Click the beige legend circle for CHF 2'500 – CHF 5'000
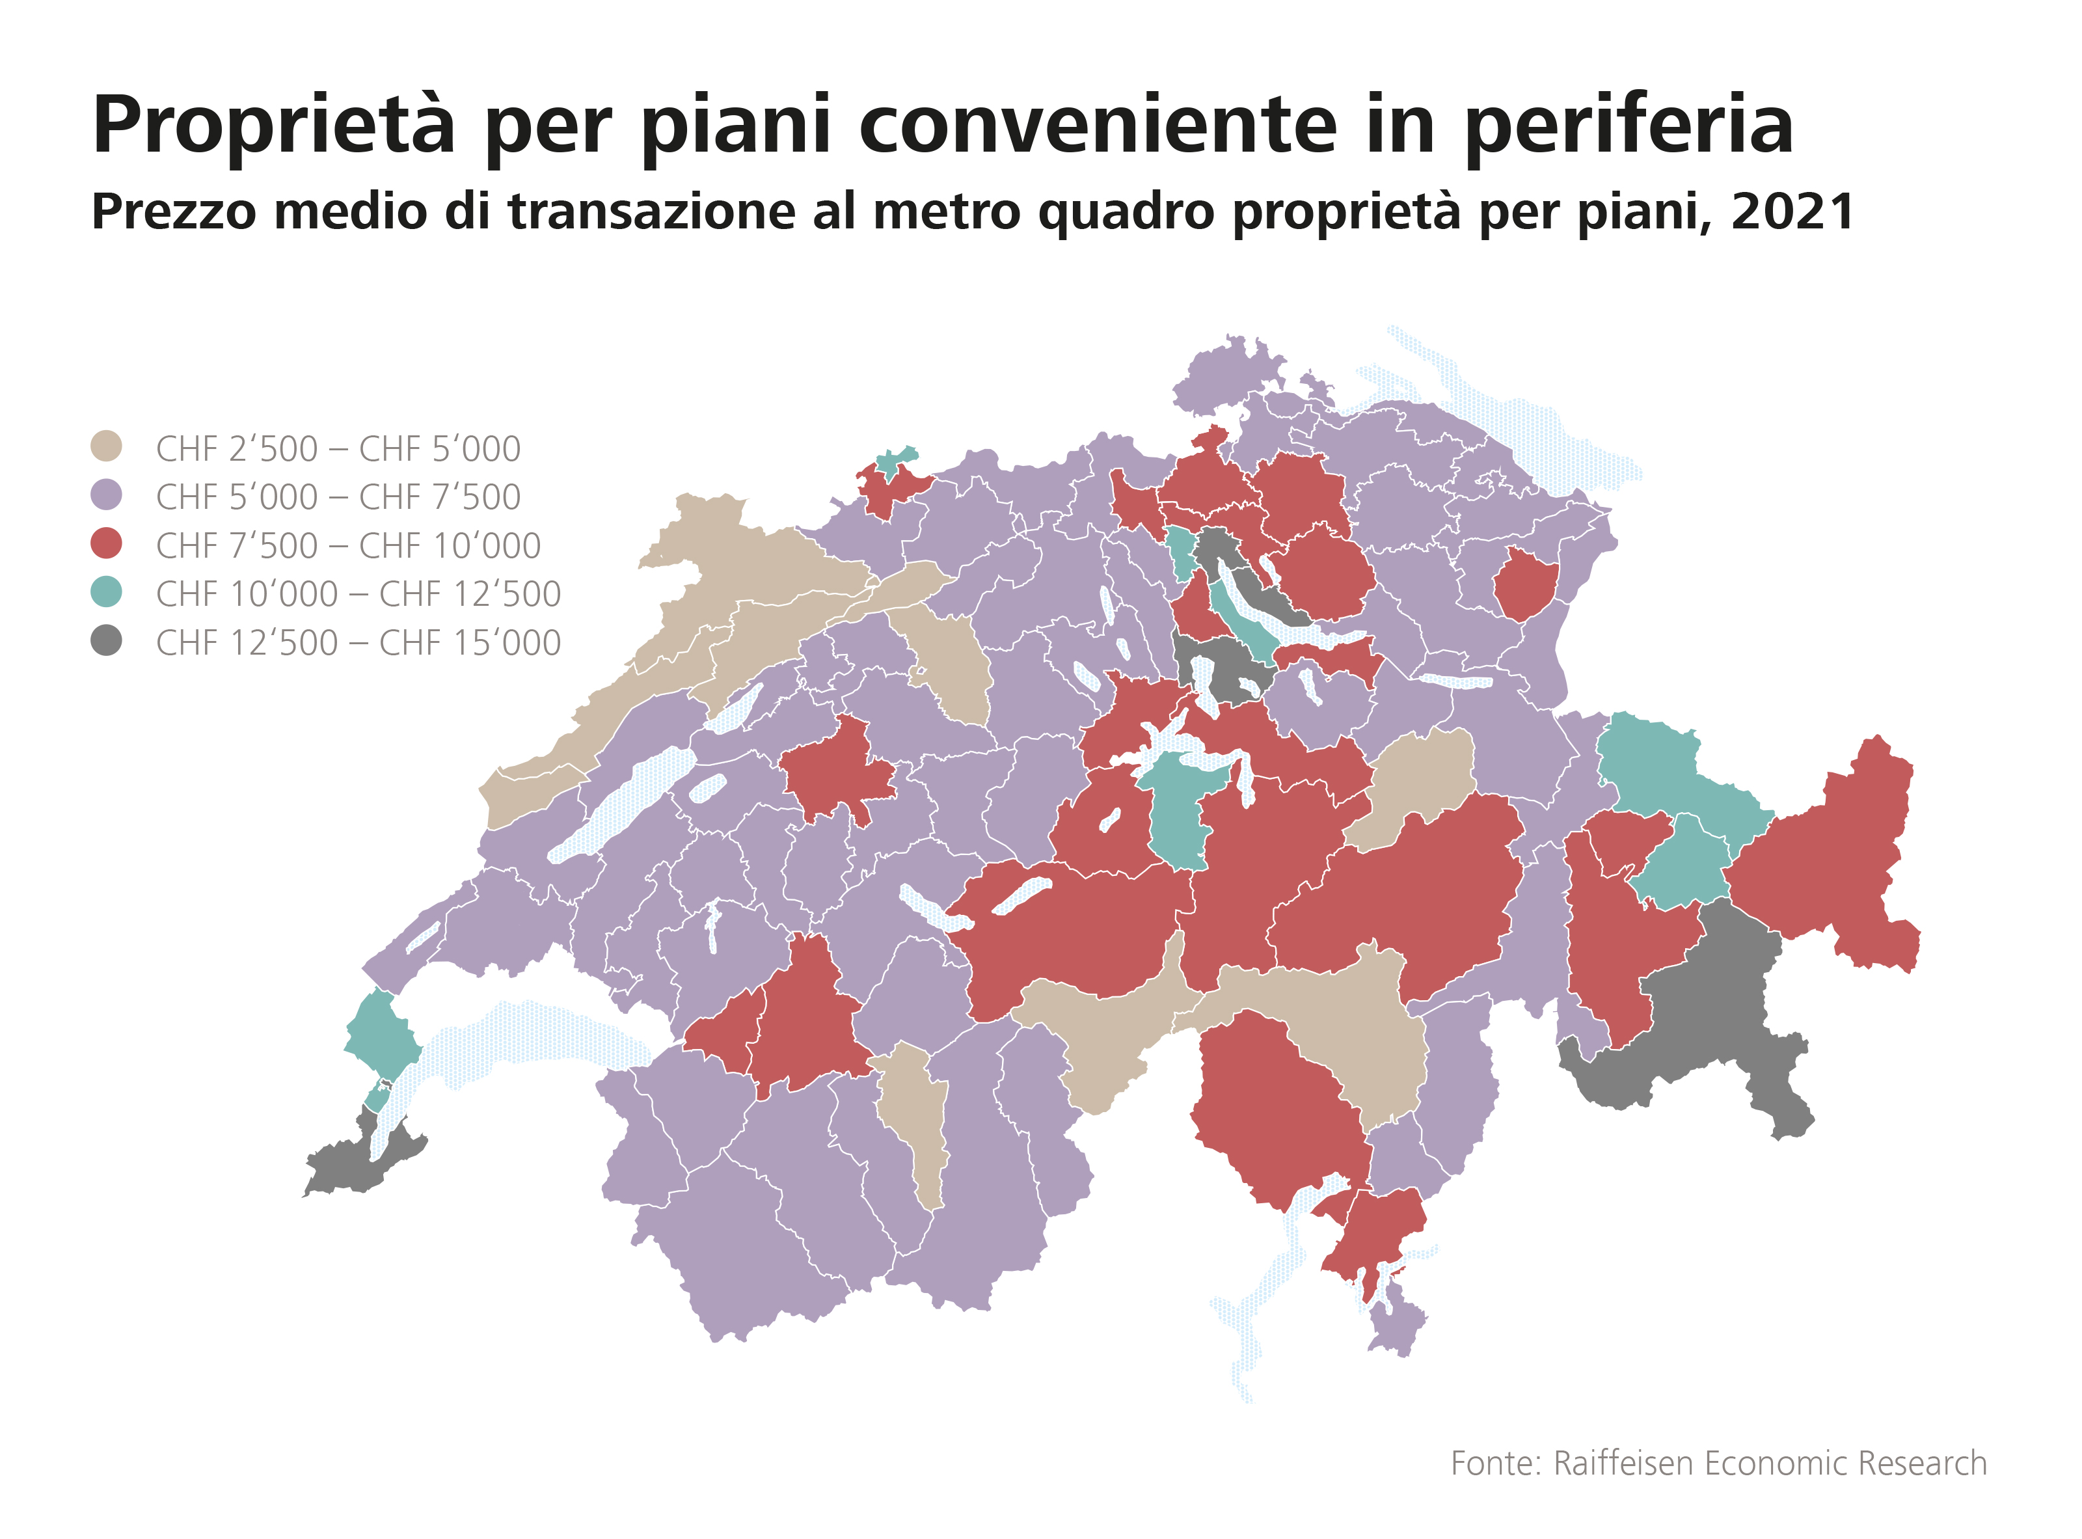coord(106,446)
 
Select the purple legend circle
coord(106,495)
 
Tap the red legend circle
coord(106,543)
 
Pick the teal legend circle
coord(106,592)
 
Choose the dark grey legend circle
coord(106,641)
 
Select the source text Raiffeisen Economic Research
coord(1769,1464)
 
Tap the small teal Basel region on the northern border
coord(895,461)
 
